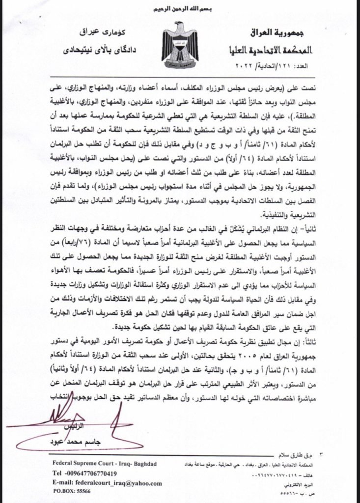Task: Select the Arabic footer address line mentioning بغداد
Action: coord(275,465)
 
